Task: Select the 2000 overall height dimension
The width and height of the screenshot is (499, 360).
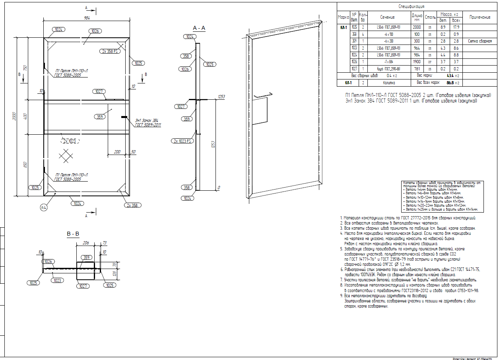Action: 15,117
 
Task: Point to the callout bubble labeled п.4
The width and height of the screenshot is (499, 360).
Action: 44,207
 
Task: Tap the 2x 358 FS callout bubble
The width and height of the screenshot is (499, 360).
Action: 109,51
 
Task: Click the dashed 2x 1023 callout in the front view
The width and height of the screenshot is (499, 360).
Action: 69,141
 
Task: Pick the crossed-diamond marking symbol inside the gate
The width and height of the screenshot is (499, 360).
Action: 66,155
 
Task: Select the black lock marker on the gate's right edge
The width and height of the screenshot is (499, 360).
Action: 124,117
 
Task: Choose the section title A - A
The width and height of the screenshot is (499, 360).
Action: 199,28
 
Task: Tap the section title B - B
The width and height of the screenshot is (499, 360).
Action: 73,234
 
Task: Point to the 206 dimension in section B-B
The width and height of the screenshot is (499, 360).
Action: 85,242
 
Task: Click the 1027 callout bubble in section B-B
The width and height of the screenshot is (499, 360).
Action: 83,286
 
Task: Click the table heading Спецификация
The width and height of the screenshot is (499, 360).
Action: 412,7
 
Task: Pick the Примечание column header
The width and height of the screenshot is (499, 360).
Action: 480,17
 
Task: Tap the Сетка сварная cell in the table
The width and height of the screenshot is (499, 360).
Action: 480,41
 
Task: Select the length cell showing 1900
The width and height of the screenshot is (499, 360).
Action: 417,62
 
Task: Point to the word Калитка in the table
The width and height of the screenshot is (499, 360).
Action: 389,83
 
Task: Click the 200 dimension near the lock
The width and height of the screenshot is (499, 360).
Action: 117,152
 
